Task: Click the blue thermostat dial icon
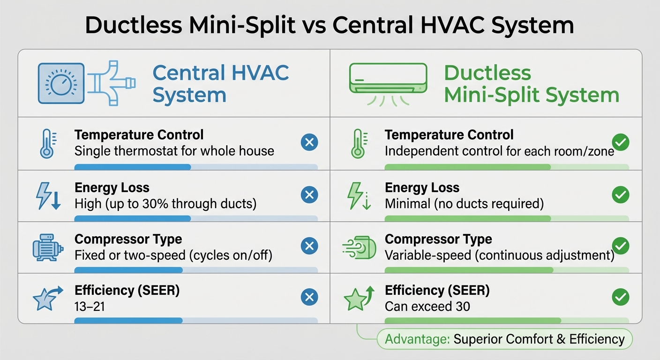[61, 83]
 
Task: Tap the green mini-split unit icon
[388, 80]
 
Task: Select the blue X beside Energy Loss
[309, 195]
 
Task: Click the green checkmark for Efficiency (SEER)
[621, 297]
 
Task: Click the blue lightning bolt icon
[48, 196]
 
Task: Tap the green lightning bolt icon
[358, 196]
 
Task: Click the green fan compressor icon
[360, 247]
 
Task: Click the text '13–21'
[90, 307]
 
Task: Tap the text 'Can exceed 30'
[427, 307]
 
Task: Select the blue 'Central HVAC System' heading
[220, 84]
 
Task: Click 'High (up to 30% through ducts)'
[165, 203]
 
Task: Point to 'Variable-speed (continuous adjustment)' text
[499, 255]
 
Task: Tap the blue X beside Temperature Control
[309, 142]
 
